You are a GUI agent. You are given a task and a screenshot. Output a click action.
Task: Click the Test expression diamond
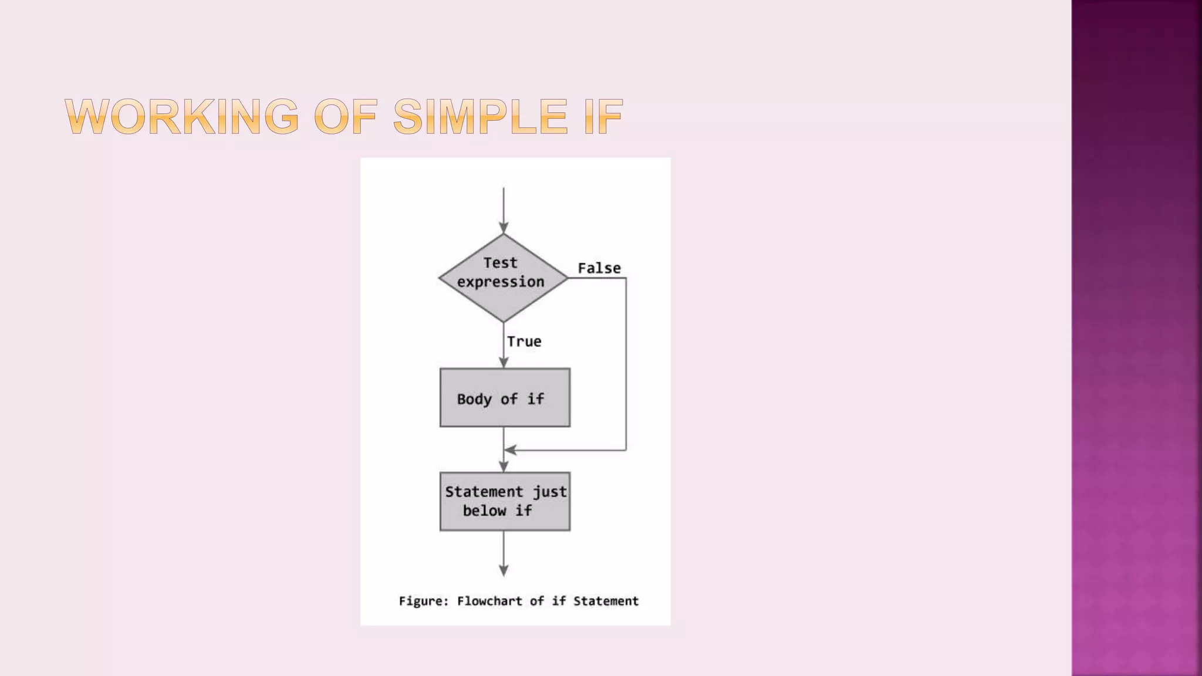point(503,278)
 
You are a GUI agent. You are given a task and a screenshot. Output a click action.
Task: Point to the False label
point(599,268)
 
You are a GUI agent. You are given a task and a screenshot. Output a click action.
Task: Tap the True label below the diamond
point(524,342)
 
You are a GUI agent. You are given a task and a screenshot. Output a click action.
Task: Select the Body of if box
point(505,398)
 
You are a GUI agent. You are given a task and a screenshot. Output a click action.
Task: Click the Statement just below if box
point(505,502)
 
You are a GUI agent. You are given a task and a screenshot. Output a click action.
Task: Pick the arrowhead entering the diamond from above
point(504,227)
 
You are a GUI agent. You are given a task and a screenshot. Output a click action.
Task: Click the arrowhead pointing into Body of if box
point(504,362)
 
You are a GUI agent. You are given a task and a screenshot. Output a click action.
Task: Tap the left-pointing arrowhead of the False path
point(511,450)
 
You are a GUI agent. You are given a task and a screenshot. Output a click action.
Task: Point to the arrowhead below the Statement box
point(504,569)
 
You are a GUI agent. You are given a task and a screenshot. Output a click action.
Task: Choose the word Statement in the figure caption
point(606,601)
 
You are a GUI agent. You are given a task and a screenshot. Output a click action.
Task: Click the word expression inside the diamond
point(501,282)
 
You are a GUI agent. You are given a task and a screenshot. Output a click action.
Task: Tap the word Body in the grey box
point(474,399)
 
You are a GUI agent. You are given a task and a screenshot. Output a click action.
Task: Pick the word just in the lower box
point(549,492)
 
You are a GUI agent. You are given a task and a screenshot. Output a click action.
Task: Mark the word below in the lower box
point(484,511)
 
